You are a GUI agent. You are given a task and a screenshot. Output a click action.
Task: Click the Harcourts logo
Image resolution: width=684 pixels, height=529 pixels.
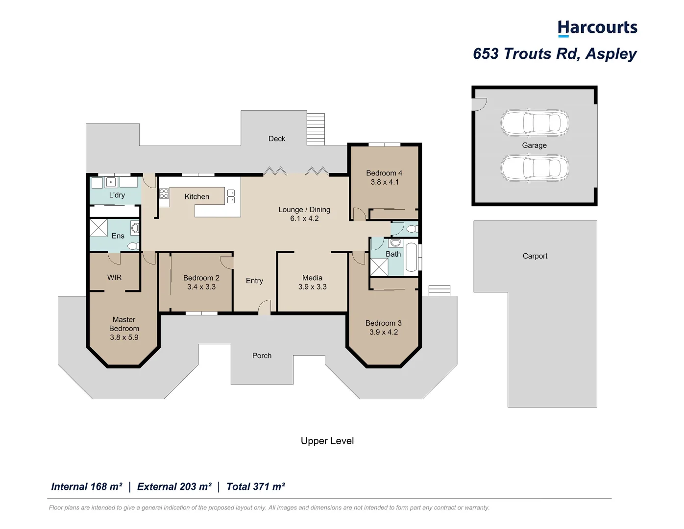click(597, 28)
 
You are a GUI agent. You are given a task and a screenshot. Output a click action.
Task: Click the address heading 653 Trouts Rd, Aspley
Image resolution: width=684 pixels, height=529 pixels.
click(555, 54)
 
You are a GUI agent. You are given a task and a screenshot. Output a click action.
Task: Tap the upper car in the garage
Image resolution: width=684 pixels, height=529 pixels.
click(535, 122)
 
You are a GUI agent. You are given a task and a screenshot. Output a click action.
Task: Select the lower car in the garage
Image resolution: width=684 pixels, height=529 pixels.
click(535, 168)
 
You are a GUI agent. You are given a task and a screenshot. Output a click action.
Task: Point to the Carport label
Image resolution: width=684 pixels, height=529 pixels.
click(535, 256)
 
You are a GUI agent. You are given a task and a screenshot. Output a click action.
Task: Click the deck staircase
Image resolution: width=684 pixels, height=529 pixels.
click(316, 129)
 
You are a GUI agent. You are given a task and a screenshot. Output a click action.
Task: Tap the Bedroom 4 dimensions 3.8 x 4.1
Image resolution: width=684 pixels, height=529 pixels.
click(385, 182)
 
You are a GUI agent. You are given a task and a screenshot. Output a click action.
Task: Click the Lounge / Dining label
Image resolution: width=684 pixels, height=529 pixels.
click(304, 210)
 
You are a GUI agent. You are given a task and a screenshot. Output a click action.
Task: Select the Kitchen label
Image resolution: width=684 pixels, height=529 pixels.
click(197, 197)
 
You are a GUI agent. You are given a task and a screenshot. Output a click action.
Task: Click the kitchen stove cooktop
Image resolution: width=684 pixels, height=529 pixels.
click(164, 194)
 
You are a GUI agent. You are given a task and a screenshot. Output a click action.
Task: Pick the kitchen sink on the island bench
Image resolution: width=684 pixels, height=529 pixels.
click(231, 196)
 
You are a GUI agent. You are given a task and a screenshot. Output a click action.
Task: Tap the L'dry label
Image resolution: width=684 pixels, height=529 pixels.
click(117, 195)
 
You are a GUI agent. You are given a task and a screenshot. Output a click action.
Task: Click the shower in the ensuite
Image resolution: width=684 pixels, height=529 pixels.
click(98, 228)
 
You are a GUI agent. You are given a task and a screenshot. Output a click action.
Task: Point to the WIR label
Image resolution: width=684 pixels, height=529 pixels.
click(114, 278)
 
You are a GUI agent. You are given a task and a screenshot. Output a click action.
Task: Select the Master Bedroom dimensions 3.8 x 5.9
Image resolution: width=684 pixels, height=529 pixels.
click(124, 337)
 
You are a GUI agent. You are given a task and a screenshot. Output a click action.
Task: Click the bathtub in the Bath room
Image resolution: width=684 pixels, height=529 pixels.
click(411, 257)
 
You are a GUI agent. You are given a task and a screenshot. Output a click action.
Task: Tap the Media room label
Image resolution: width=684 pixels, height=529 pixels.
click(312, 278)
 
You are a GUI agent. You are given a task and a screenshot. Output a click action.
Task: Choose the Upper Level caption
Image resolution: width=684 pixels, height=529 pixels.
click(327, 441)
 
